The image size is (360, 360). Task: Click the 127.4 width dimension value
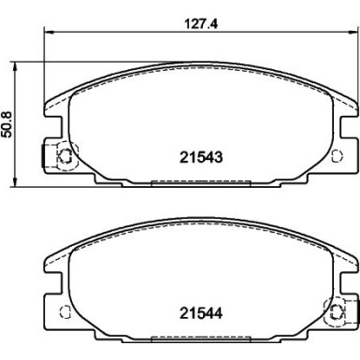pos(201,23)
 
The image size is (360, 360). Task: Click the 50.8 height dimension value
pos(7,125)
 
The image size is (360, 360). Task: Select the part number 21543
pos(201,157)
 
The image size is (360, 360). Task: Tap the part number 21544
pos(201,313)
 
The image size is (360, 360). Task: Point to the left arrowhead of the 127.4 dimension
pos(48,31)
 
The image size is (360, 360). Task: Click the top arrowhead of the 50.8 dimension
pos(14,66)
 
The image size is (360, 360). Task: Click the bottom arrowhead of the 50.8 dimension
pos(14,182)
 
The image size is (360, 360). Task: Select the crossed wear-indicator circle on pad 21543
pos(65,155)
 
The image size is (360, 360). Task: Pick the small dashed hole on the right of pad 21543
pos(337,155)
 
